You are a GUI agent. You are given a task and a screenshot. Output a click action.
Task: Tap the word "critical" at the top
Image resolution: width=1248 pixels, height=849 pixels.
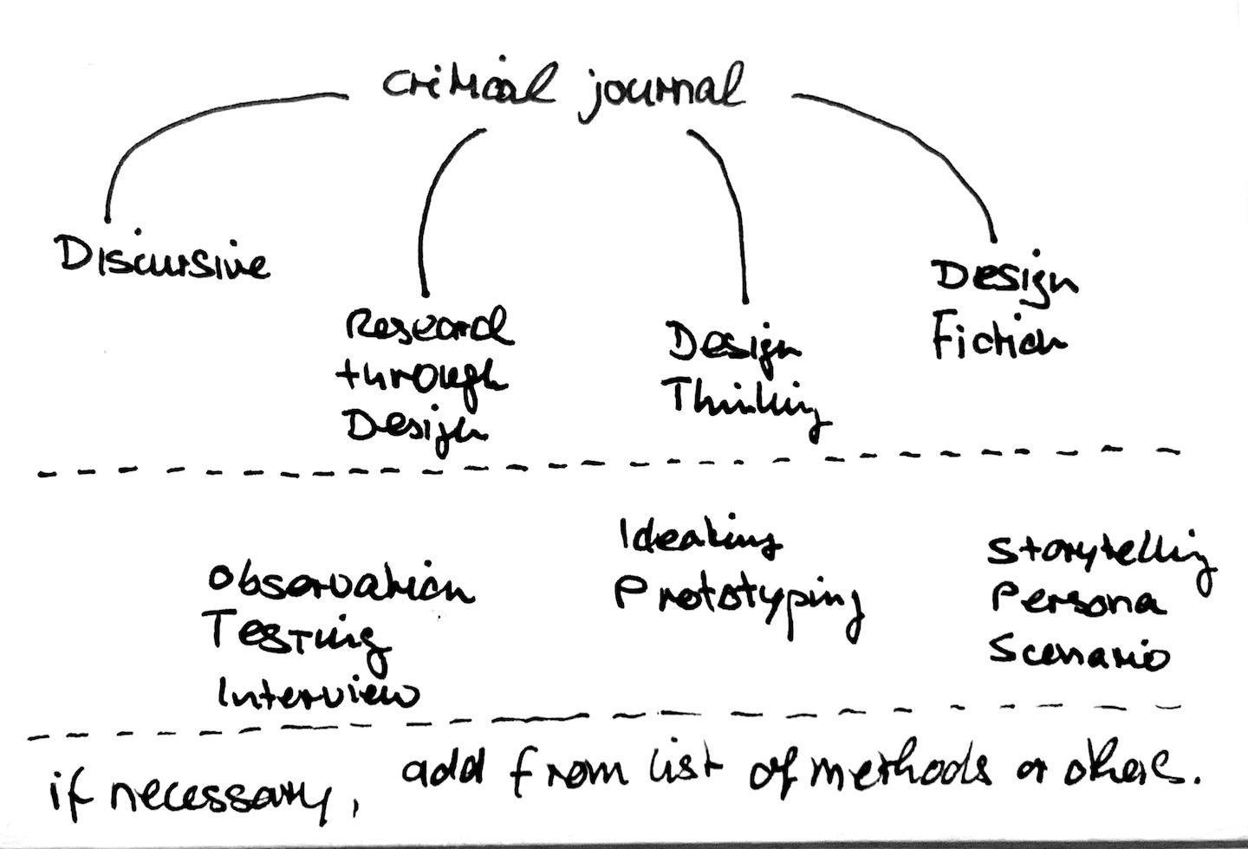pos(469,87)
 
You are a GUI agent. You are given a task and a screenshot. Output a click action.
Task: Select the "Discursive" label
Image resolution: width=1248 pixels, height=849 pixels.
pos(163,258)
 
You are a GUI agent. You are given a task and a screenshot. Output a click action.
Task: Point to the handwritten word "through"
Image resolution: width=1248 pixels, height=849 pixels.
pos(422,378)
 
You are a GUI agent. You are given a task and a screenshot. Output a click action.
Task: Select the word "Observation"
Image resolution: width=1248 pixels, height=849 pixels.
pos(340,586)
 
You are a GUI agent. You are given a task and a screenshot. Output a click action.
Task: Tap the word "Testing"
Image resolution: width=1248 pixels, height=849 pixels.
pos(295,639)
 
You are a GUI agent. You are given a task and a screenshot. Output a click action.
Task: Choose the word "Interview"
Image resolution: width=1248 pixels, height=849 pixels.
pos(317,693)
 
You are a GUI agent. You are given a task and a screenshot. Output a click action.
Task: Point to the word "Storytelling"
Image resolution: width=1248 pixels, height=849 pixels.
pos(1101,554)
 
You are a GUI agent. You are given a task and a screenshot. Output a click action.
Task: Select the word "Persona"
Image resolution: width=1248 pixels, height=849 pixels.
pos(1076,601)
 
